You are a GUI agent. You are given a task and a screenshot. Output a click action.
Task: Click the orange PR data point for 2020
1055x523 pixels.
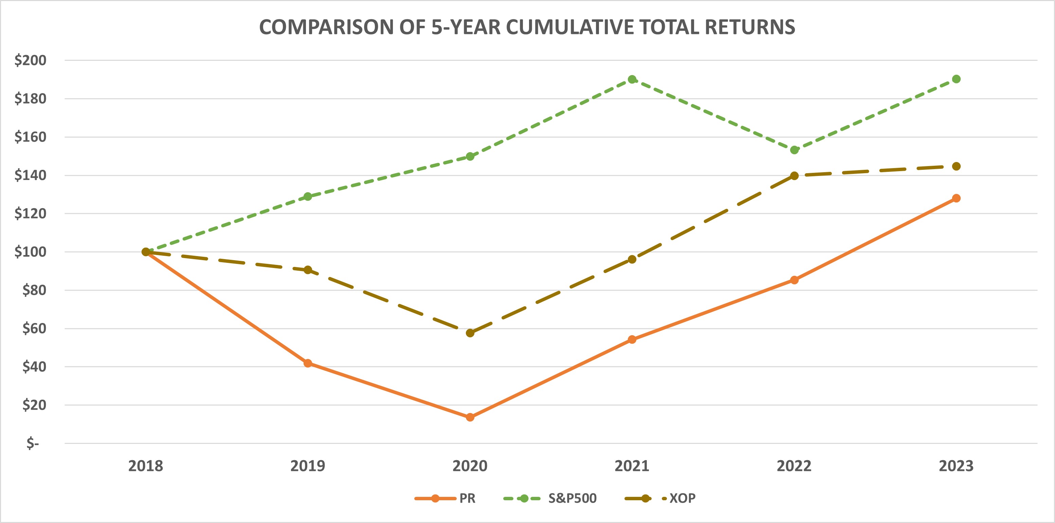(470, 417)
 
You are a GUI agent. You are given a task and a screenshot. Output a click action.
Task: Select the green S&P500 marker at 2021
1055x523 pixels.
(632, 79)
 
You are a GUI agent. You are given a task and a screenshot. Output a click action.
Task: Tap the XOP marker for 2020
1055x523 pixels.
(470, 333)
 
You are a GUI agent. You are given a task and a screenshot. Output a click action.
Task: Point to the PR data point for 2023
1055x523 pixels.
(956, 198)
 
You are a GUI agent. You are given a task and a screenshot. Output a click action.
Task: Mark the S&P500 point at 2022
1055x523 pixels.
(794, 150)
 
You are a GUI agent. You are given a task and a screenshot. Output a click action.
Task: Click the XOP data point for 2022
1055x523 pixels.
(794, 176)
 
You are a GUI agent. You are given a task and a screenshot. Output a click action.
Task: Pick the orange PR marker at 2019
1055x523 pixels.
(308, 363)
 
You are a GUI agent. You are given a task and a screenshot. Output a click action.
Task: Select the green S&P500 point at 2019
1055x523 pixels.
(308, 197)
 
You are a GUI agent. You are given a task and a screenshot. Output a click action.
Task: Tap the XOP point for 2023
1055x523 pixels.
(956, 166)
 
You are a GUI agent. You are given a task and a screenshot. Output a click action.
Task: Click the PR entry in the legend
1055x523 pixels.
(467, 499)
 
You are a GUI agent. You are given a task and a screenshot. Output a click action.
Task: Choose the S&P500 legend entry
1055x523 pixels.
(572, 499)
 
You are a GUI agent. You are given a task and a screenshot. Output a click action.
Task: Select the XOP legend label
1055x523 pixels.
(682, 499)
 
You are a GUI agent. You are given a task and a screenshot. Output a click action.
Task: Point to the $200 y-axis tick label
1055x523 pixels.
(30, 60)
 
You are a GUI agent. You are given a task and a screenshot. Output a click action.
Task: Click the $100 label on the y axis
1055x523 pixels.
(30, 252)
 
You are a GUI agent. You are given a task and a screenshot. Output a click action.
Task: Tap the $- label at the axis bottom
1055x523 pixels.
(33, 443)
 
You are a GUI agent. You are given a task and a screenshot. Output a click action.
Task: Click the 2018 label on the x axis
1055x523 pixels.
(145, 466)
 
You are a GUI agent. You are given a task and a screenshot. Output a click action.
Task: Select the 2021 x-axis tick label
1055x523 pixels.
(632, 466)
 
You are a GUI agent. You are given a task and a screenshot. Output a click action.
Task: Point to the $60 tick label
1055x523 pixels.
(34, 328)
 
